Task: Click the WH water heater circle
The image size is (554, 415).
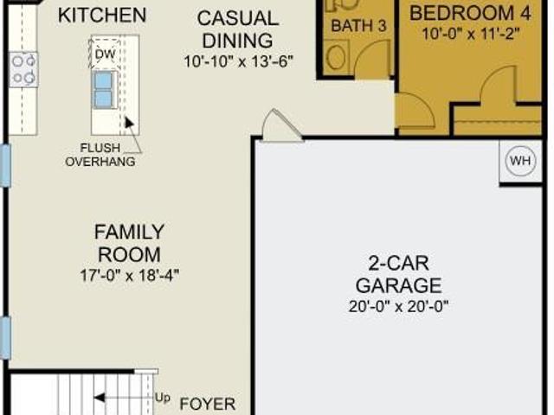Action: (x=520, y=161)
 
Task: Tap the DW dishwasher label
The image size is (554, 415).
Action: (x=106, y=54)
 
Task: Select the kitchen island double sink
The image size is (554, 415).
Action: (x=104, y=90)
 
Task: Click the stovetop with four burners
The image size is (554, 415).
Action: (x=23, y=69)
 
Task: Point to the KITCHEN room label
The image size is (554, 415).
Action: (x=102, y=16)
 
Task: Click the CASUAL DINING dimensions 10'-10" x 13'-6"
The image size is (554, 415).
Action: (x=239, y=61)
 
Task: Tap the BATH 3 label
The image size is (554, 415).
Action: (x=358, y=26)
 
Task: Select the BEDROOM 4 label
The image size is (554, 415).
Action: (x=470, y=13)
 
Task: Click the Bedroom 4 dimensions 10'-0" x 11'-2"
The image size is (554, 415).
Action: (x=471, y=35)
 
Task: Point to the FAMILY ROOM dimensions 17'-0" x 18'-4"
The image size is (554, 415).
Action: (x=130, y=275)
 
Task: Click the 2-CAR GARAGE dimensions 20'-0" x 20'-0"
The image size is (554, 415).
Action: (x=398, y=306)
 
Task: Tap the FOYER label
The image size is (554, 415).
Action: (x=208, y=404)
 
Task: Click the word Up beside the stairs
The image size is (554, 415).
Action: (x=163, y=398)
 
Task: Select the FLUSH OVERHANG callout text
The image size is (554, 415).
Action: (x=100, y=155)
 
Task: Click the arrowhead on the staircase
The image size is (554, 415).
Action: (x=100, y=398)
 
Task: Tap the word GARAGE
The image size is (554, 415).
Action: (x=398, y=285)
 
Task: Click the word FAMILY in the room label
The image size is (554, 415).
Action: (x=129, y=232)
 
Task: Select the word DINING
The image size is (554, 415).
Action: (x=237, y=41)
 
